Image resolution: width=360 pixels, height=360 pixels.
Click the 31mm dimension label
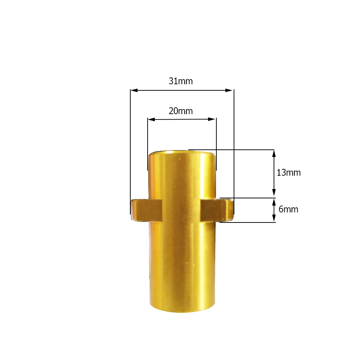coord(181,81)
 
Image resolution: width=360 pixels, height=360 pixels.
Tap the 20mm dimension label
coord(181,111)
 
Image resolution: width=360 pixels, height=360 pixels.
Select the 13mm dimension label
coord(289,172)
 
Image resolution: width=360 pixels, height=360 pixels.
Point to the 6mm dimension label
coord(288,209)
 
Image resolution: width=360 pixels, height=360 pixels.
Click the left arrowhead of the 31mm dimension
coord(134,90)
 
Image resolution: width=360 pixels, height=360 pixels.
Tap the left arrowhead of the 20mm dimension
coord(151,119)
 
